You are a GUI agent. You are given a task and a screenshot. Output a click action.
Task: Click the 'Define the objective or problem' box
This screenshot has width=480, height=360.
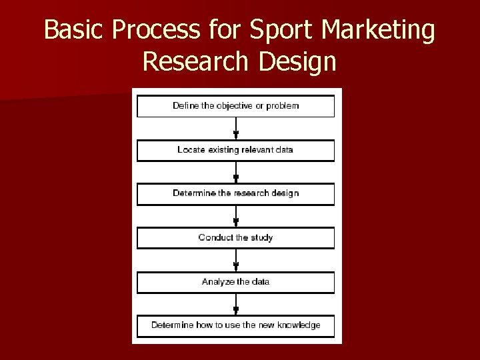[x=235, y=106]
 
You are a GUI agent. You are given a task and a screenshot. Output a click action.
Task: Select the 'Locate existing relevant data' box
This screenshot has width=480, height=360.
[x=235, y=150]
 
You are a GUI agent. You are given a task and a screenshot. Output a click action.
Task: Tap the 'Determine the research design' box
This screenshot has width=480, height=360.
[x=235, y=193]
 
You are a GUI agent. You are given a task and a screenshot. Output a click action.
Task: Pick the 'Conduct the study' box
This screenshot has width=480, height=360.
[x=235, y=237]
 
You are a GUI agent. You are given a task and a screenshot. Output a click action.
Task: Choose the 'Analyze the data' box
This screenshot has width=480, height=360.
[x=235, y=282]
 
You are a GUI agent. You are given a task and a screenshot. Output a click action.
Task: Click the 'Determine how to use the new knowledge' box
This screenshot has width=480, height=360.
[x=235, y=325]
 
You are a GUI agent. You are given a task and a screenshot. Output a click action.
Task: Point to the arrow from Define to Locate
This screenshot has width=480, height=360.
[x=235, y=129]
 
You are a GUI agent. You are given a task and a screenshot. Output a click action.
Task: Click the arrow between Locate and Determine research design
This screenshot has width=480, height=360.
[x=235, y=172]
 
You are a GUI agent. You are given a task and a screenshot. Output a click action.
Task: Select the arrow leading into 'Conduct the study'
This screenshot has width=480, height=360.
[x=235, y=216]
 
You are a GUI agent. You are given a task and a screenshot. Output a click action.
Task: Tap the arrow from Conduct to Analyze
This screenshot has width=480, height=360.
[x=235, y=260]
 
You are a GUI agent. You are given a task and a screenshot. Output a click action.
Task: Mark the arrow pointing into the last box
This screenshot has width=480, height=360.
[x=235, y=304]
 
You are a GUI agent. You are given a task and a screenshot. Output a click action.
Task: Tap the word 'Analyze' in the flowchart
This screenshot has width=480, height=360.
[x=217, y=282]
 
